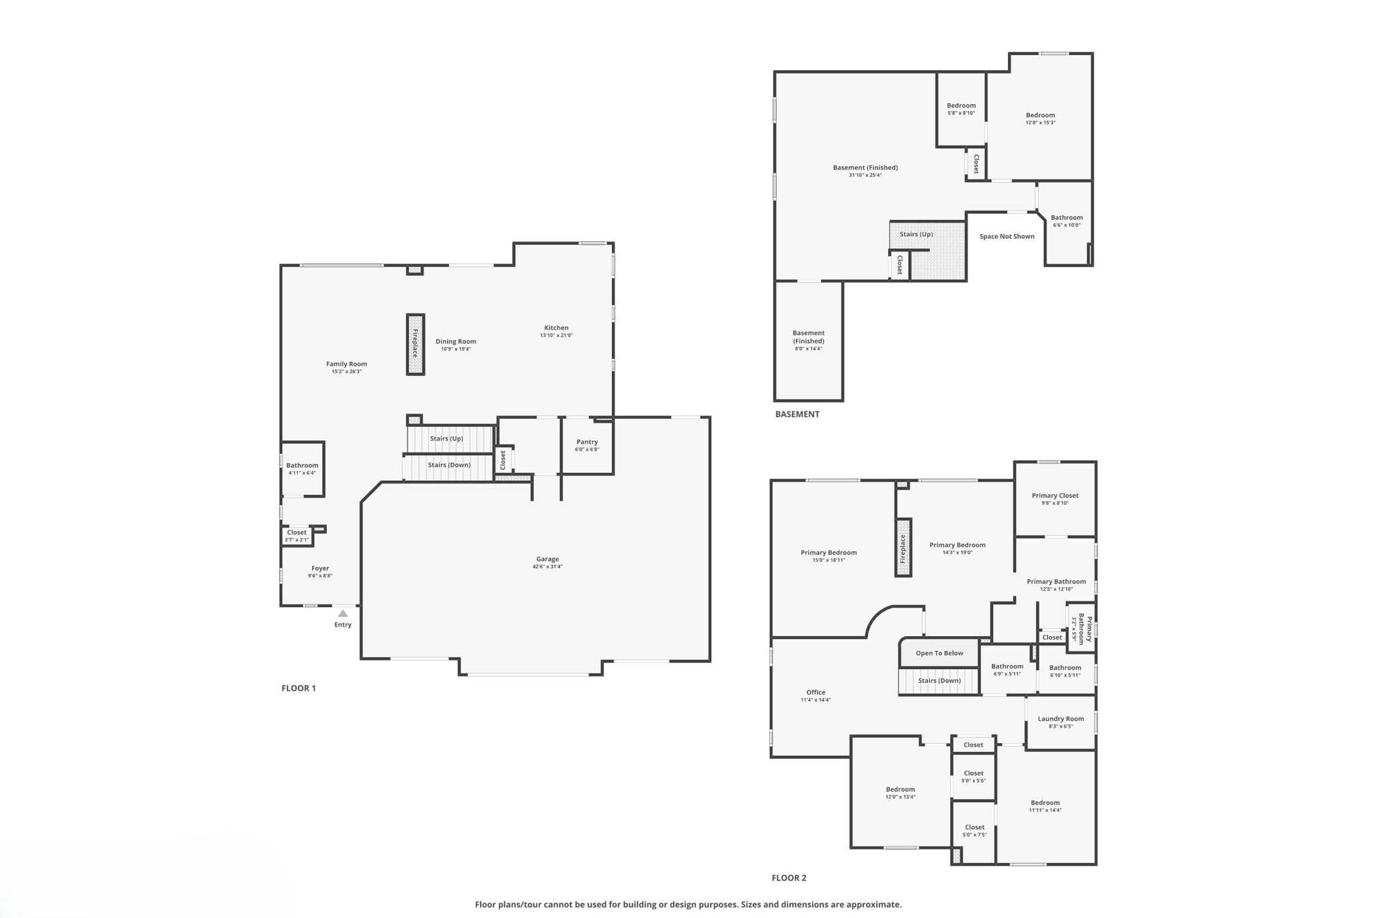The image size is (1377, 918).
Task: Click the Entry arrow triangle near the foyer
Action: coord(343,613)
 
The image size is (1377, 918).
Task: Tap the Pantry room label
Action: coord(587,442)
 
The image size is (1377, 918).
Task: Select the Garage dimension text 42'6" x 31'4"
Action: coord(547,567)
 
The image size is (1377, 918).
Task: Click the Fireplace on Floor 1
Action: coord(416,344)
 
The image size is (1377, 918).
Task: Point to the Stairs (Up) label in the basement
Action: coord(916,234)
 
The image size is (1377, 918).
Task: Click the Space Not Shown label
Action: coord(1007,236)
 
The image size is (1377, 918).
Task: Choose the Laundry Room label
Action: coord(1060,718)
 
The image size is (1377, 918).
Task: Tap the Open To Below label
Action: coord(939,653)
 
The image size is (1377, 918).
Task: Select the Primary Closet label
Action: coord(1055,496)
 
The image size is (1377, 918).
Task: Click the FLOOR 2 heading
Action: coord(789,878)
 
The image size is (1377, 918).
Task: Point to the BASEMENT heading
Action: coord(797,414)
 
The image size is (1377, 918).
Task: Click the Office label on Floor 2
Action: coord(816,692)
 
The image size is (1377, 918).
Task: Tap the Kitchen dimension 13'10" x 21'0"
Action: coord(556,336)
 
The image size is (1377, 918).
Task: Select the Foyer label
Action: coord(320,568)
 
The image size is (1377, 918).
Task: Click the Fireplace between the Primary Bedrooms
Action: coord(903,547)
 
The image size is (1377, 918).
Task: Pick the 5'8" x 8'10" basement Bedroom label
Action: coord(961,106)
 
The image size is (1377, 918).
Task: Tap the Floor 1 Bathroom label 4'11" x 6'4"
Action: coord(302,465)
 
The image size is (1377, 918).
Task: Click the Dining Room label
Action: coord(455,342)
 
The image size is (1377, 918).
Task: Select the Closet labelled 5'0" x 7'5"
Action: coord(974,827)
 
